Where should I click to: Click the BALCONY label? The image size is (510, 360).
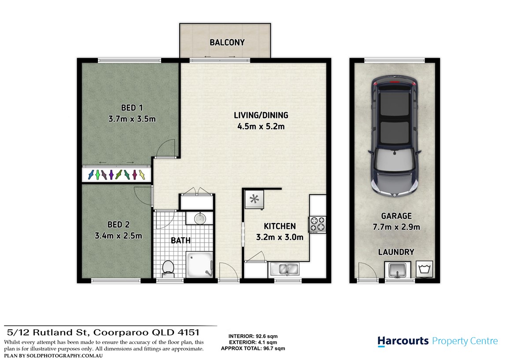pyautogui.click(x=227, y=42)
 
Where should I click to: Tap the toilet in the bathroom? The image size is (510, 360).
pyautogui.click(x=168, y=268)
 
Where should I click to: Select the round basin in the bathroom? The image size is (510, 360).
pyautogui.click(x=200, y=218)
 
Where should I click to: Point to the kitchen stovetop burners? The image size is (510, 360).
pyautogui.click(x=318, y=224)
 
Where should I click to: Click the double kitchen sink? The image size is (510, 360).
pyautogui.click(x=284, y=269)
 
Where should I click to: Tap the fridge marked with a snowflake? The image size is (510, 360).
pyautogui.click(x=255, y=199)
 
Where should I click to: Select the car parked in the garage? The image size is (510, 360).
pyautogui.click(x=394, y=136)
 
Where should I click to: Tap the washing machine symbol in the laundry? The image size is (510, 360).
pyautogui.click(x=425, y=269)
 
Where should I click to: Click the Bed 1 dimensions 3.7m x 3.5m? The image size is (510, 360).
pyautogui.click(x=132, y=119)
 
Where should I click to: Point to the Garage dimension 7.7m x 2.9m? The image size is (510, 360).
pyautogui.click(x=396, y=227)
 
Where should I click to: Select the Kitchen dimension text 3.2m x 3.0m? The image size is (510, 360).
pyautogui.click(x=280, y=237)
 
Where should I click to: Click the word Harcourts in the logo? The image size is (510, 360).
pyautogui.click(x=403, y=341)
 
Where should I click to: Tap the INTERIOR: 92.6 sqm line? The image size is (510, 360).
pyautogui.click(x=253, y=336)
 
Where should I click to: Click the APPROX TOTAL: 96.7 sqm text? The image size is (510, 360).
pyautogui.click(x=253, y=348)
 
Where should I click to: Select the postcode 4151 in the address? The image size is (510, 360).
pyautogui.click(x=188, y=332)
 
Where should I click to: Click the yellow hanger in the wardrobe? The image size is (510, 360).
pyautogui.click(x=142, y=175)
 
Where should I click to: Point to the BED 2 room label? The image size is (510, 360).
pyautogui.click(x=118, y=224)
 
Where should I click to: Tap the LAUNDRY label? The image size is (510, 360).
pyautogui.click(x=396, y=252)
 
